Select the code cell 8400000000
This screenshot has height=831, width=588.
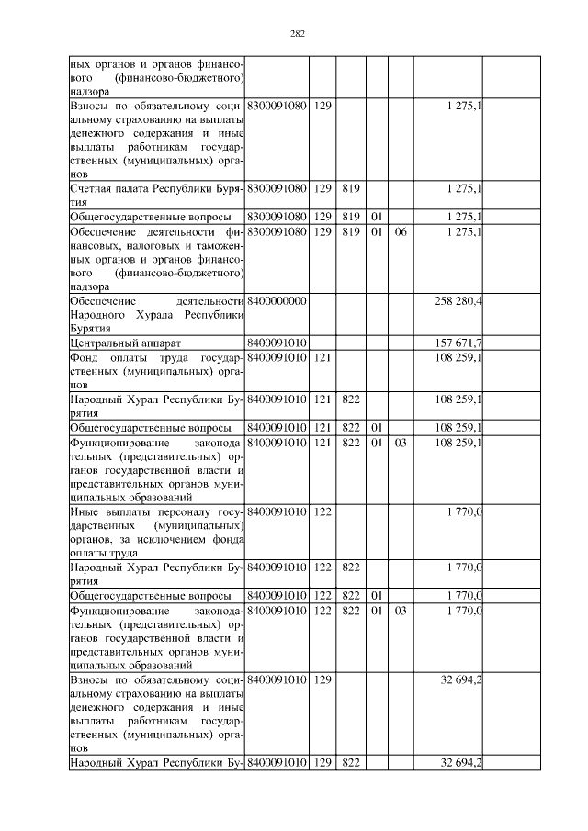click(277, 301)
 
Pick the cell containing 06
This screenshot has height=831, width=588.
click(400, 232)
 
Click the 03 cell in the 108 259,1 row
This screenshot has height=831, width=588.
click(400, 442)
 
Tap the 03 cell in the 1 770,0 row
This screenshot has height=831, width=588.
click(400, 610)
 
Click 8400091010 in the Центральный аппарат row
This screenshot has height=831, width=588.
click(277, 343)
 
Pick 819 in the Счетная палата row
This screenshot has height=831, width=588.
click(349, 188)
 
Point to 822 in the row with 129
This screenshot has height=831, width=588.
click(349, 763)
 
